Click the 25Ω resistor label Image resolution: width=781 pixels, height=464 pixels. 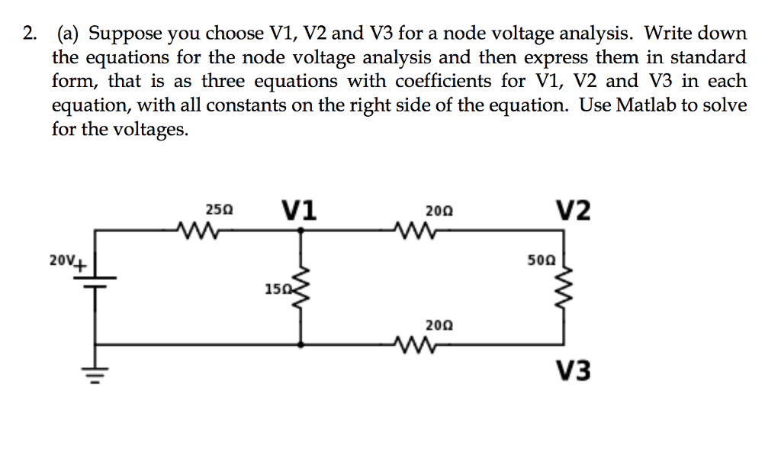click(220, 208)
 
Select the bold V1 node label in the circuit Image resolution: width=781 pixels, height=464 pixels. click(300, 208)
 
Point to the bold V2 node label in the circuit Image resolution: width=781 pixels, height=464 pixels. click(572, 209)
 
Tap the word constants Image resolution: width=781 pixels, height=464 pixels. click(245, 105)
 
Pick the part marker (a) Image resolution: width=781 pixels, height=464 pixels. click(69, 34)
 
